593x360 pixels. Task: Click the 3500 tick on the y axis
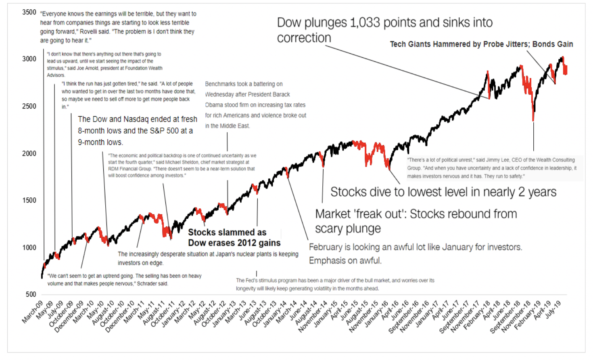[x=29, y=12]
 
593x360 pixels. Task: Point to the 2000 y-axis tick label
[x=29, y=153]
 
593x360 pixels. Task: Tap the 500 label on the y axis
[x=31, y=294]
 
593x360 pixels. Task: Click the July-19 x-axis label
[x=553, y=310]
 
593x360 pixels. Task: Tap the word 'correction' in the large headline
[x=304, y=38]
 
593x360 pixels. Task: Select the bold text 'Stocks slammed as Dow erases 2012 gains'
[x=234, y=237]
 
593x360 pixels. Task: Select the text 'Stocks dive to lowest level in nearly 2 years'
[x=443, y=192]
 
